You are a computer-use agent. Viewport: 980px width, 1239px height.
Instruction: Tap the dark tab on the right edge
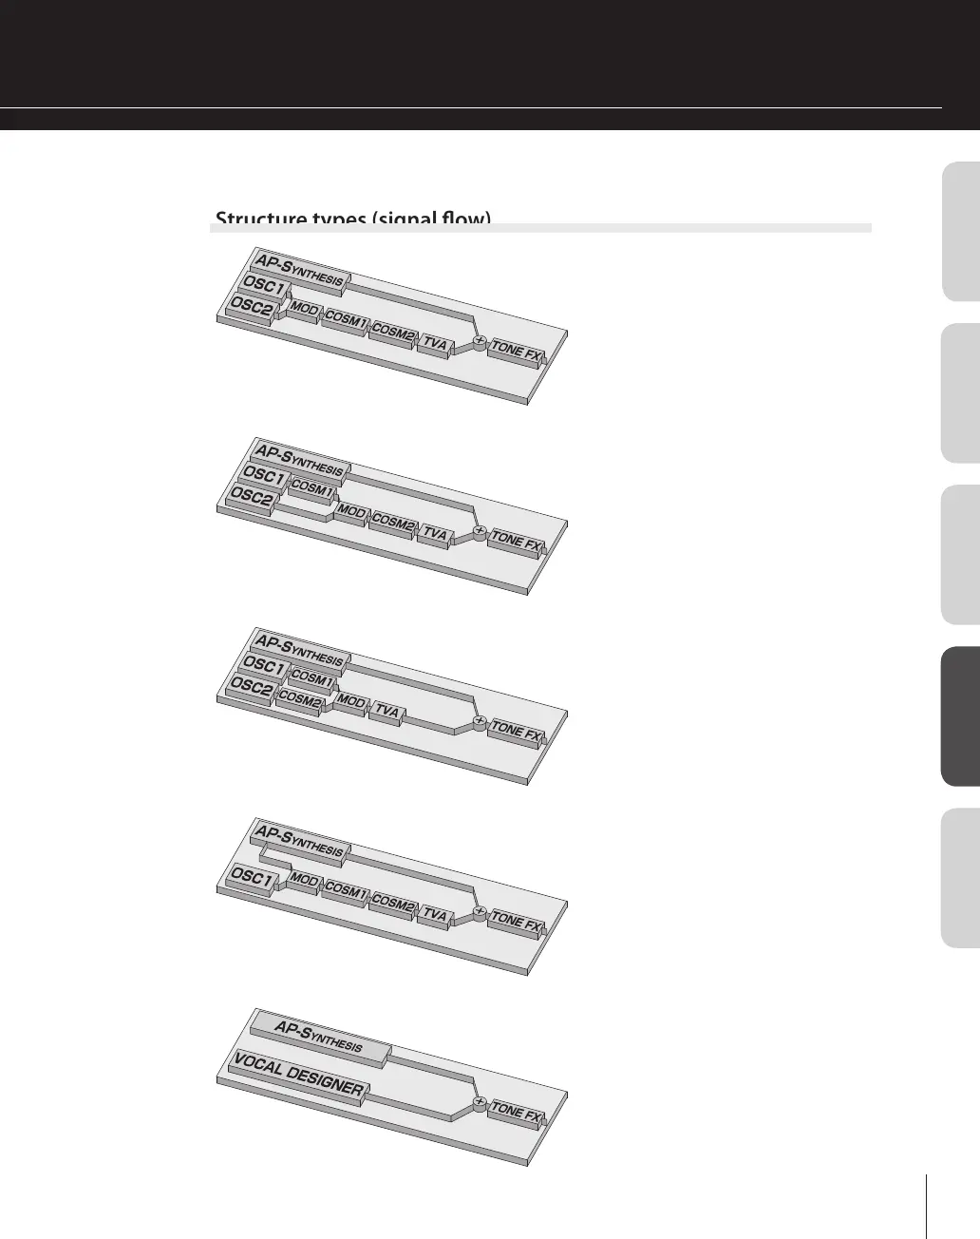click(x=960, y=716)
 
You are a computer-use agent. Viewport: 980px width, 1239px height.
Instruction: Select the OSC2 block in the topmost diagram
click(x=251, y=307)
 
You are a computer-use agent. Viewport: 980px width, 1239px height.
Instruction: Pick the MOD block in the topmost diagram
click(x=305, y=310)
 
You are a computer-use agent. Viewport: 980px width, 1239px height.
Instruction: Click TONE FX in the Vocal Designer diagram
click(x=517, y=1112)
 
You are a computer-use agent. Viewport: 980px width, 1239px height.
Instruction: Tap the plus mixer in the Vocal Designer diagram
click(x=480, y=1103)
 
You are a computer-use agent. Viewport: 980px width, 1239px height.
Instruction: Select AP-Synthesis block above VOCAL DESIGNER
click(x=319, y=1035)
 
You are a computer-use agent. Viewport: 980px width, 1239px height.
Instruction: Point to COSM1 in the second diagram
click(x=311, y=489)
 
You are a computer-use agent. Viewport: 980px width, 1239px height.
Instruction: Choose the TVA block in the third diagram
click(x=386, y=711)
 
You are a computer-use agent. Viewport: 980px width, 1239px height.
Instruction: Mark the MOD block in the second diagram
click(x=351, y=513)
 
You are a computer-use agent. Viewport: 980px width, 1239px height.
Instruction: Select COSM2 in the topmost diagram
click(x=392, y=332)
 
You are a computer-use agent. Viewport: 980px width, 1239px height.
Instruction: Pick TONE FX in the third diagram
click(x=517, y=732)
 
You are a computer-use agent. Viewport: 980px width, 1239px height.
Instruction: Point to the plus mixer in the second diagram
click(x=480, y=531)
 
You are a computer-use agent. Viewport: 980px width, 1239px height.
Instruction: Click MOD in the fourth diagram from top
click(x=305, y=881)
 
